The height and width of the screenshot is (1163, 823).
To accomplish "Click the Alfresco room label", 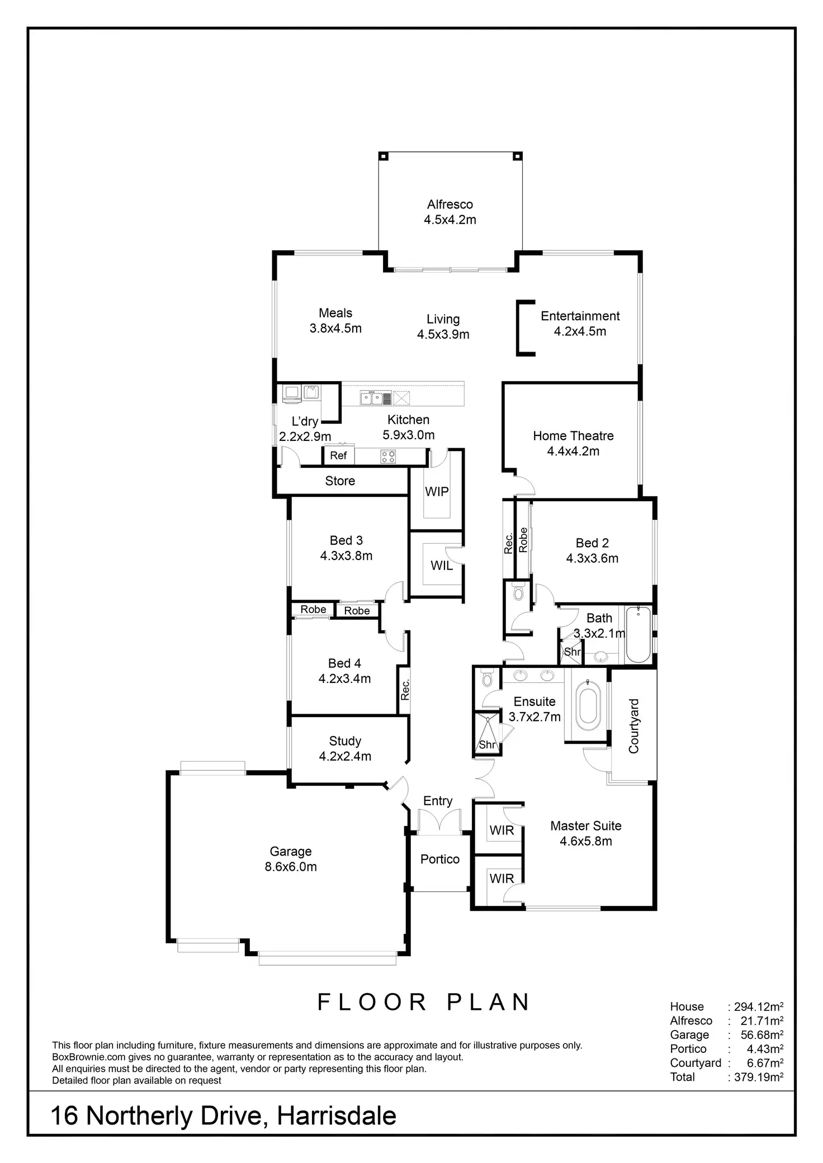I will pyautogui.click(x=450, y=205).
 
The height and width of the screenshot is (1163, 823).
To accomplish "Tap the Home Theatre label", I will pyautogui.click(x=573, y=436).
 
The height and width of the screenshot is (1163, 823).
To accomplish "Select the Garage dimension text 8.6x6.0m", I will pyautogui.click(x=291, y=867).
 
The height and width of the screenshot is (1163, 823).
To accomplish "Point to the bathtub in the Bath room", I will pyautogui.click(x=638, y=635).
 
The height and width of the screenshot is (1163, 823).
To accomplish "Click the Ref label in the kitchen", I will pyautogui.click(x=338, y=455).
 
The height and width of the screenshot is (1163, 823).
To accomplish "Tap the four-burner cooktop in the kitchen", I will pyautogui.click(x=388, y=457).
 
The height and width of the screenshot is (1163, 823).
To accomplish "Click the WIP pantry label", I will pyautogui.click(x=437, y=492).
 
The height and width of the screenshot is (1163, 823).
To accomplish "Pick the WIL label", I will pyautogui.click(x=441, y=566).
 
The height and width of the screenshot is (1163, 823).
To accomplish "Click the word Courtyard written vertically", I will pyautogui.click(x=633, y=726).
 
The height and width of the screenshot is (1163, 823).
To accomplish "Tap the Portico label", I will pyautogui.click(x=440, y=859).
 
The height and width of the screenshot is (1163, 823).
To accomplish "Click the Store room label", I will pyautogui.click(x=340, y=481).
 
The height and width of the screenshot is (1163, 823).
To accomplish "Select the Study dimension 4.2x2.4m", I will pyautogui.click(x=345, y=756).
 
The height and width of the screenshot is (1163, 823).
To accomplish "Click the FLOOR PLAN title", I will pyautogui.click(x=424, y=1002).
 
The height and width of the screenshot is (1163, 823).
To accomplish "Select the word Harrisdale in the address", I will pyautogui.click(x=337, y=1116).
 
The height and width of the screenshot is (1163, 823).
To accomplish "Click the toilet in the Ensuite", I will pyautogui.click(x=486, y=678).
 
